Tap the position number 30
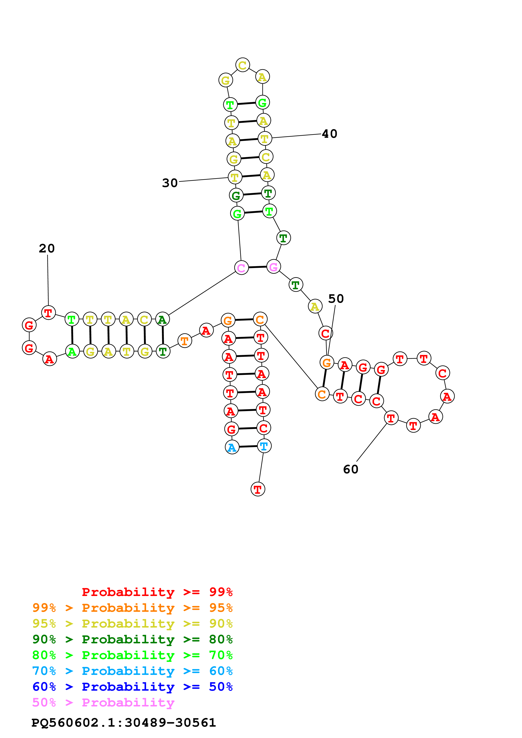coord(170,183)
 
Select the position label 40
coord(330,134)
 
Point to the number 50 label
coord(336,299)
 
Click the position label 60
coord(351,469)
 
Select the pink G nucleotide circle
coord(273,267)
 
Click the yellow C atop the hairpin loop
coord(243,65)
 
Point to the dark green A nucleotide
coord(162,320)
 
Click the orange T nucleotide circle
coord(185,341)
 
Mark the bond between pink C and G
coord(257,267)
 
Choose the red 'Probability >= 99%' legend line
coord(157,592)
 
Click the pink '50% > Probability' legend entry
coord(103,702)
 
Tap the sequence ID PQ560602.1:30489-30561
coord(124,723)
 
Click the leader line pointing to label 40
coord(296,136)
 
